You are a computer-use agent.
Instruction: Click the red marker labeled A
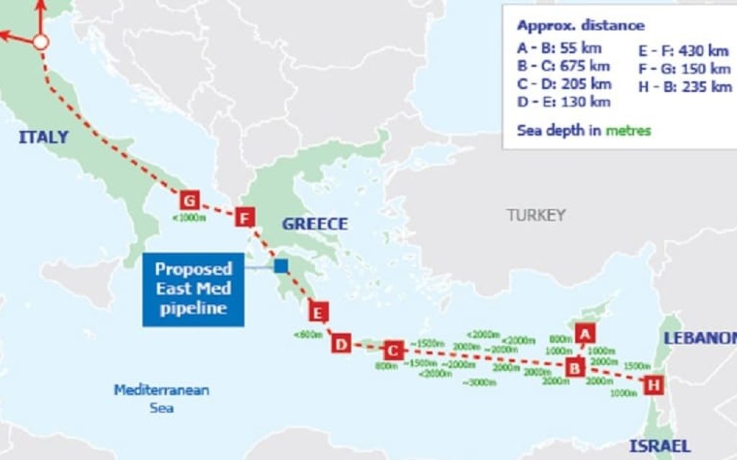[x=585, y=333]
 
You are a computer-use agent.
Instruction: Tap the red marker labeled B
[x=575, y=367]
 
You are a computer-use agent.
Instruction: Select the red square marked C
[x=392, y=350]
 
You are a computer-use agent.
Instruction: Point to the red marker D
[x=341, y=344]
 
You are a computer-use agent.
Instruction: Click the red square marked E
[x=317, y=312]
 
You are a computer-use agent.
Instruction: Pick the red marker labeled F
[x=245, y=216]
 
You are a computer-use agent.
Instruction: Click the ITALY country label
[x=43, y=137]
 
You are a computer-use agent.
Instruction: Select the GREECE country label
[x=315, y=224]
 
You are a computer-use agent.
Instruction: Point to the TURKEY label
[x=535, y=215]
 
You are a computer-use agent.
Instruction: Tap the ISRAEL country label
[x=660, y=446]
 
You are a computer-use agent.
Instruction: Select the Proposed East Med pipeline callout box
[x=194, y=289]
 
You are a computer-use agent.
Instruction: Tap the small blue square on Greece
[x=281, y=266]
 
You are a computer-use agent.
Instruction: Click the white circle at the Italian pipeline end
[x=41, y=42]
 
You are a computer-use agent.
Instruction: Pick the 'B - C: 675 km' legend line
[x=563, y=66]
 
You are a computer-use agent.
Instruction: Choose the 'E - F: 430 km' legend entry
[x=683, y=50]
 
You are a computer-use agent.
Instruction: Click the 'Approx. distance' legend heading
[x=580, y=26]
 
